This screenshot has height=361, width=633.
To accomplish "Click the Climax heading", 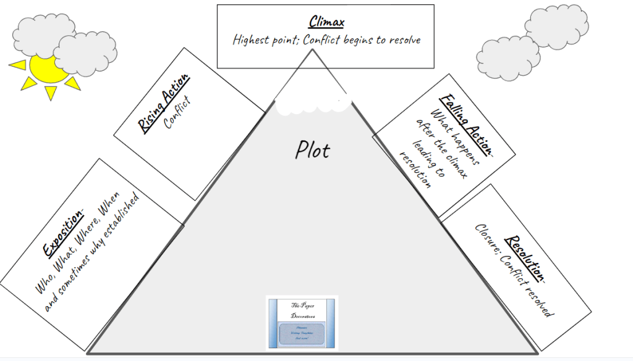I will click(326, 22).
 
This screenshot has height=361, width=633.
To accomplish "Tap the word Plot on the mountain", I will click(312, 150).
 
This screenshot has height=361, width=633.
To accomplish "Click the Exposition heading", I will click(63, 233).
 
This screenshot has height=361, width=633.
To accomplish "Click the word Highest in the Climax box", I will click(253, 40).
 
